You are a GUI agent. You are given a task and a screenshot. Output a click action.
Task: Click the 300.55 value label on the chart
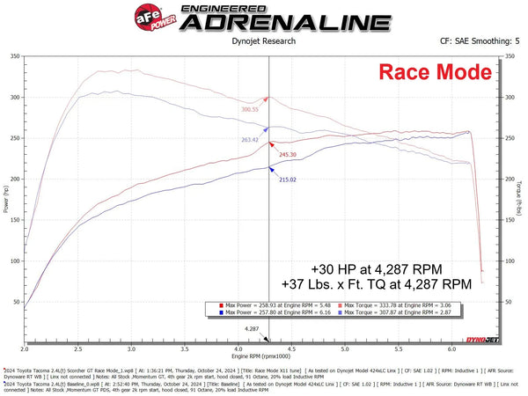click(x=251, y=110)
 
